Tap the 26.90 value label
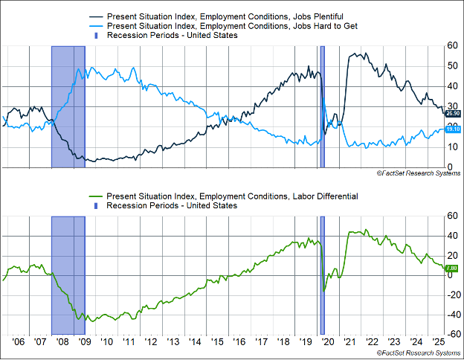click(x=453, y=113)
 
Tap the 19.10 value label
click(x=453, y=129)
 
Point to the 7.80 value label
click(x=453, y=268)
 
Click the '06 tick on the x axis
click(x=19, y=343)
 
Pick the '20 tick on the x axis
click(x=328, y=343)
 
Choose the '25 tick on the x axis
click(x=439, y=343)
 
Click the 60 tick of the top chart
click(x=453, y=45)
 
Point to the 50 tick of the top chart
click(x=453, y=65)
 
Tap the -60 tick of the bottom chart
click(x=451, y=334)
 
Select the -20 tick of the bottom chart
click(x=451, y=295)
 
